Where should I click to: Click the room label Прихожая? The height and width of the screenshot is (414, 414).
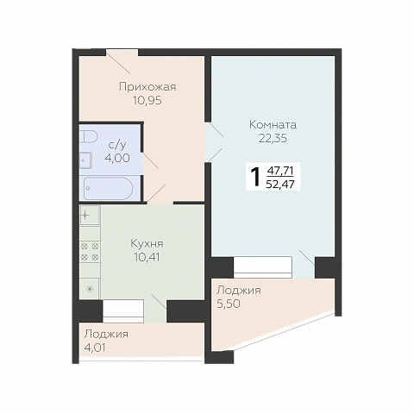pyautogui.click(x=147, y=87)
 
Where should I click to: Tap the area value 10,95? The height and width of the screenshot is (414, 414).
pyautogui.click(x=147, y=100)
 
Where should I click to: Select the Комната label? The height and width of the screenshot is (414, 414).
pyautogui.click(x=273, y=125)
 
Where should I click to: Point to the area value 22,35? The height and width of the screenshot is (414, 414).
pyautogui.click(x=273, y=139)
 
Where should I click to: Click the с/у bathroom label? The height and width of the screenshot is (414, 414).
pyautogui.click(x=117, y=145)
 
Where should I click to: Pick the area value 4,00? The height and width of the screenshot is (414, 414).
pyautogui.click(x=117, y=158)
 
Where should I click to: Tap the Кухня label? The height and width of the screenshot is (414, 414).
pyautogui.click(x=147, y=244)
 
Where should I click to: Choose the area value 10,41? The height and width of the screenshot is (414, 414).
pyautogui.click(x=147, y=257)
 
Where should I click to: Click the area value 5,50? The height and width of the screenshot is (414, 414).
pyautogui.click(x=229, y=304)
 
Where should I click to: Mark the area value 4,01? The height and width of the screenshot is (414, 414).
pyautogui.click(x=95, y=348)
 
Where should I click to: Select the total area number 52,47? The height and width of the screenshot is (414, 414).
pyautogui.click(x=280, y=184)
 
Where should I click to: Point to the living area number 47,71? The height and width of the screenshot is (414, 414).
pyautogui.click(x=280, y=171)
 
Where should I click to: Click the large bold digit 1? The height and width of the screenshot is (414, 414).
pyautogui.click(x=255, y=178)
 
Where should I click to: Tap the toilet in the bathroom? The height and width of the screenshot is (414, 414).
pyautogui.click(x=89, y=136)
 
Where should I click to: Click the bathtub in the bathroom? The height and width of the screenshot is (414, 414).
pyautogui.click(x=108, y=188)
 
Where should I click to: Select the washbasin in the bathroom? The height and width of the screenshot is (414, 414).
pyautogui.click(x=85, y=160)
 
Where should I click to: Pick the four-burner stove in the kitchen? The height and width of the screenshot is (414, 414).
pyautogui.click(x=90, y=251)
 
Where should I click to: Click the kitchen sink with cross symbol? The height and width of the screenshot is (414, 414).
pyautogui.click(x=90, y=215)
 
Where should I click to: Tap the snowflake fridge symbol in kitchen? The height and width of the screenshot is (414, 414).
pyautogui.click(x=90, y=289)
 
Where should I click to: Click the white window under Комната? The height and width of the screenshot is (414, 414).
pyautogui.click(x=263, y=267)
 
